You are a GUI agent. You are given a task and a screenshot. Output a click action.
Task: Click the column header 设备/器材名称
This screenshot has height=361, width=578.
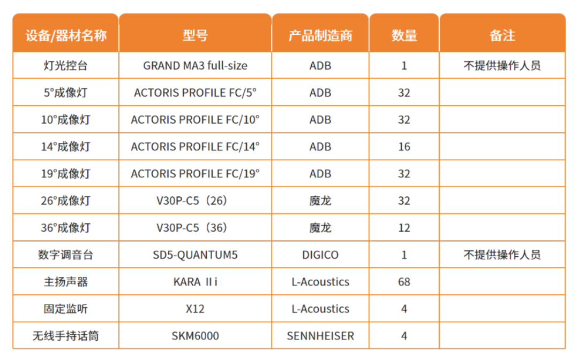tap(66, 35)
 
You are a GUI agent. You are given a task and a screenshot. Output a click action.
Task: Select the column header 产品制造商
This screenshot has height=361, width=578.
tap(320, 35)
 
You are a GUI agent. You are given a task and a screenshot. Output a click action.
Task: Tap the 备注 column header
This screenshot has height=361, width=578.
tap(502, 35)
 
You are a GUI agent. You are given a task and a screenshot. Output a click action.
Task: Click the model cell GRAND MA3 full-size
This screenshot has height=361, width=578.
tap(195, 66)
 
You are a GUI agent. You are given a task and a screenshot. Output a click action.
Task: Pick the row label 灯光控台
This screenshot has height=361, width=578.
tap(65, 66)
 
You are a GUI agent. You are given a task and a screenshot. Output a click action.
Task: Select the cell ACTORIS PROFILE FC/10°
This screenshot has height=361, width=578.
tap(195, 120)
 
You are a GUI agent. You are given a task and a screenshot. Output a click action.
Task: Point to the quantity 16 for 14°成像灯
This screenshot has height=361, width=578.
tap(404, 147)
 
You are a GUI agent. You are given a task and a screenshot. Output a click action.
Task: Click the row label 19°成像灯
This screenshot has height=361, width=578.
tap(65, 174)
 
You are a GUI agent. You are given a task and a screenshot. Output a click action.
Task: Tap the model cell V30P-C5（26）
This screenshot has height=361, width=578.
tap(195, 201)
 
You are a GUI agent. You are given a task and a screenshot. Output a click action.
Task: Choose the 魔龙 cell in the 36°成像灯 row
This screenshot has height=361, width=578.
tap(320, 228)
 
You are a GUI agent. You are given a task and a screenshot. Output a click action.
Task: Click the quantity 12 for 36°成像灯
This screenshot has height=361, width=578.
tap(404, 228)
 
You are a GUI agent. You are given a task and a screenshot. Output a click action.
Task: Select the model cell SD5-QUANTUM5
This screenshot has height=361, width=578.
tap(195, 255)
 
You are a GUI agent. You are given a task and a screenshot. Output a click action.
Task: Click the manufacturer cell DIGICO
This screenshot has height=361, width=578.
tap(320, 255)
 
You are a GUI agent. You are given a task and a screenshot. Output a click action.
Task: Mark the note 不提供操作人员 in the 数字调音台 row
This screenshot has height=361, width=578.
tap(502, 255)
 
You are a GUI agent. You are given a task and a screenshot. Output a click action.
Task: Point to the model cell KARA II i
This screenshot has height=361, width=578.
tap(195, 282)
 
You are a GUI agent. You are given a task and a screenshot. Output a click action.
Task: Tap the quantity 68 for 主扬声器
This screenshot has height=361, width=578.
tap(404, 282)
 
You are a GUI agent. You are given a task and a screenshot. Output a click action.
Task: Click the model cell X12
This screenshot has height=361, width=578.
tap(195, 309)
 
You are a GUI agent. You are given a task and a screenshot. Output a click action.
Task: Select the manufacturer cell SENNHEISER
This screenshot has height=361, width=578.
tap(320, 336)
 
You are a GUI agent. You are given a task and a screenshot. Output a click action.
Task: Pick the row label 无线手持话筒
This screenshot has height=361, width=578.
tap(65, 336)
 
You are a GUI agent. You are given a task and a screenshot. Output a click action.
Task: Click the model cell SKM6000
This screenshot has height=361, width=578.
tap(195, 336)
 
